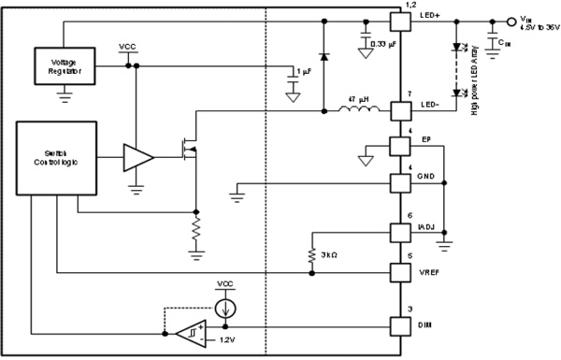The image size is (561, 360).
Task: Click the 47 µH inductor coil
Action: tap(361, 111)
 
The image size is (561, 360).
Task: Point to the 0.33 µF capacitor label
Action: tap(383, 44)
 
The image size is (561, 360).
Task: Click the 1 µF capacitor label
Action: tap(302, 72)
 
